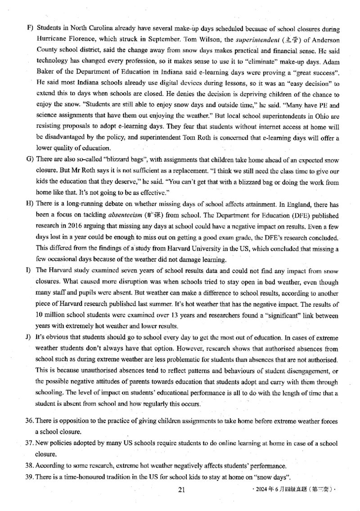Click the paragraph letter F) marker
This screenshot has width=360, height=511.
click(x=30, y=28)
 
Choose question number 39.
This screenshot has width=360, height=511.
click(x=30, y=477)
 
